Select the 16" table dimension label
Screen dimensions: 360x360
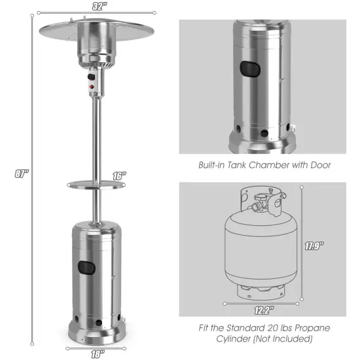pos(118,176)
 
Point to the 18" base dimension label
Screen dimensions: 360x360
pos(96,353)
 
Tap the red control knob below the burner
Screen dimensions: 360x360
pos(91,86)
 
